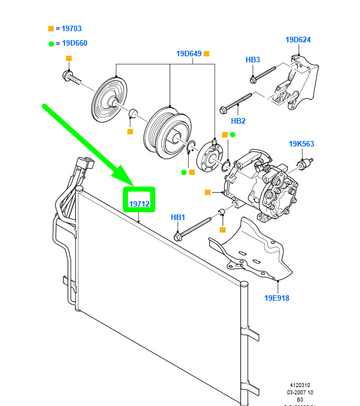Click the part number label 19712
pos(139,204)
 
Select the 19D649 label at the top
pos(189,54)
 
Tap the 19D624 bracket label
pos(298,40)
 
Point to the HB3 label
pos(253,60)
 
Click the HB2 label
pos(238,121)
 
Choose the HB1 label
pos(177,217)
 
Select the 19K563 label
pos(301,144)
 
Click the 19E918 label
pos(277,298)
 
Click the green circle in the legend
pos(51,43)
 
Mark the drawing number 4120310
pos(299,385)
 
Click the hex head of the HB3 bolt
pos(254,79)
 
